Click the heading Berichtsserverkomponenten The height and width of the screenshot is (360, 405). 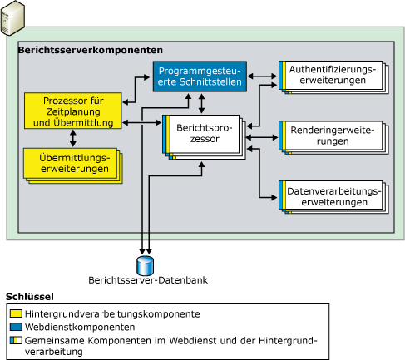point(90,51)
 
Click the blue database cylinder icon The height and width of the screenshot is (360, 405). point(147,264)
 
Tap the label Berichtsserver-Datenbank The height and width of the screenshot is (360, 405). point(147,280)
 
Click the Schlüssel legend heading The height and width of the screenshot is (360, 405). point(30,296)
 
